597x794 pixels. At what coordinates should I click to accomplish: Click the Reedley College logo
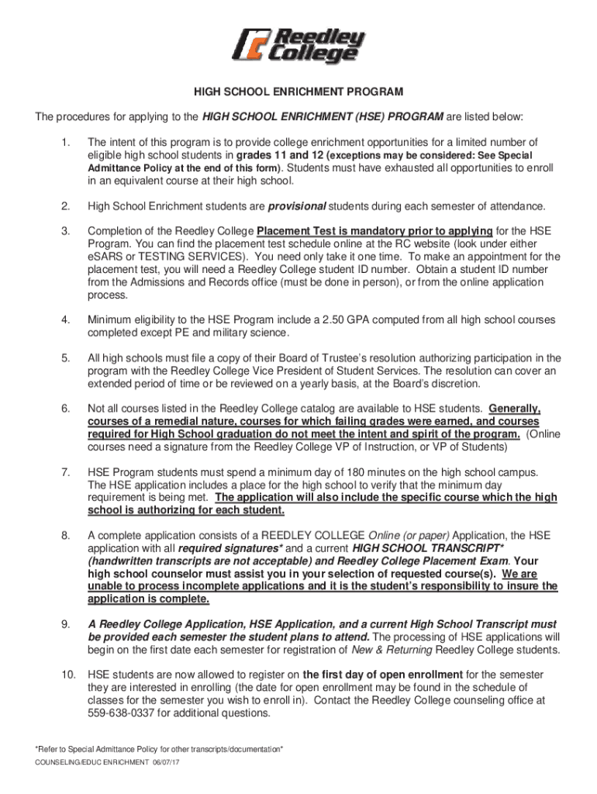tap(298, 46)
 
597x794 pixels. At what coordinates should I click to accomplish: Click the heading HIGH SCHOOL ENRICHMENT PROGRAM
tap(298, 92)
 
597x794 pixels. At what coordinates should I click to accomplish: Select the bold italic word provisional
tap(298, 205)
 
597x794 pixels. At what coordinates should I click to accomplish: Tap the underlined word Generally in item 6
tap(515, 409)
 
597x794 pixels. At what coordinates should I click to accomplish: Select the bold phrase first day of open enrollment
tap(383, 674)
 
